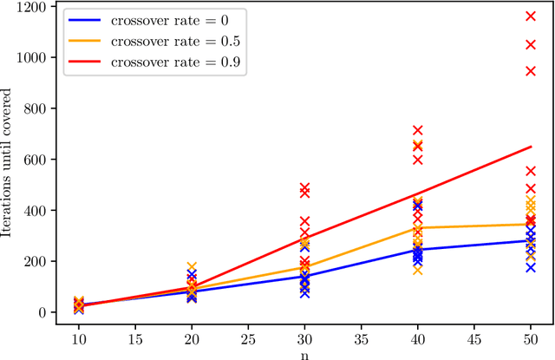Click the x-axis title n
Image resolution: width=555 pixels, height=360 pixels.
(x=304, y=352)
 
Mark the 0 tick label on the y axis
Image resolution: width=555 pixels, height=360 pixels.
(x=42, y=313)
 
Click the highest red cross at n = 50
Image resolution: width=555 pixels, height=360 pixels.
(x=531, y=16)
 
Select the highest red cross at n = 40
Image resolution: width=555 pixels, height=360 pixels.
(x=417, y=131)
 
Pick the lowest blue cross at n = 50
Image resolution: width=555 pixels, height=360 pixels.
(x=531, y=267)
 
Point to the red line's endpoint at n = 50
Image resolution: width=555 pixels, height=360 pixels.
(x=531, y=147)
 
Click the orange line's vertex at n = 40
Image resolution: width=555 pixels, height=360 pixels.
(x=417, y=227)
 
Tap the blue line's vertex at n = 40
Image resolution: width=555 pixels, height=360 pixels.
(x=417, y=250)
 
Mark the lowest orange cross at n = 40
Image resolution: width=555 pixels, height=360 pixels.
(x=417, y=270)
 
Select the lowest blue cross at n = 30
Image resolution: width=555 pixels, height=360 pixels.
(x=304, y=293)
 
